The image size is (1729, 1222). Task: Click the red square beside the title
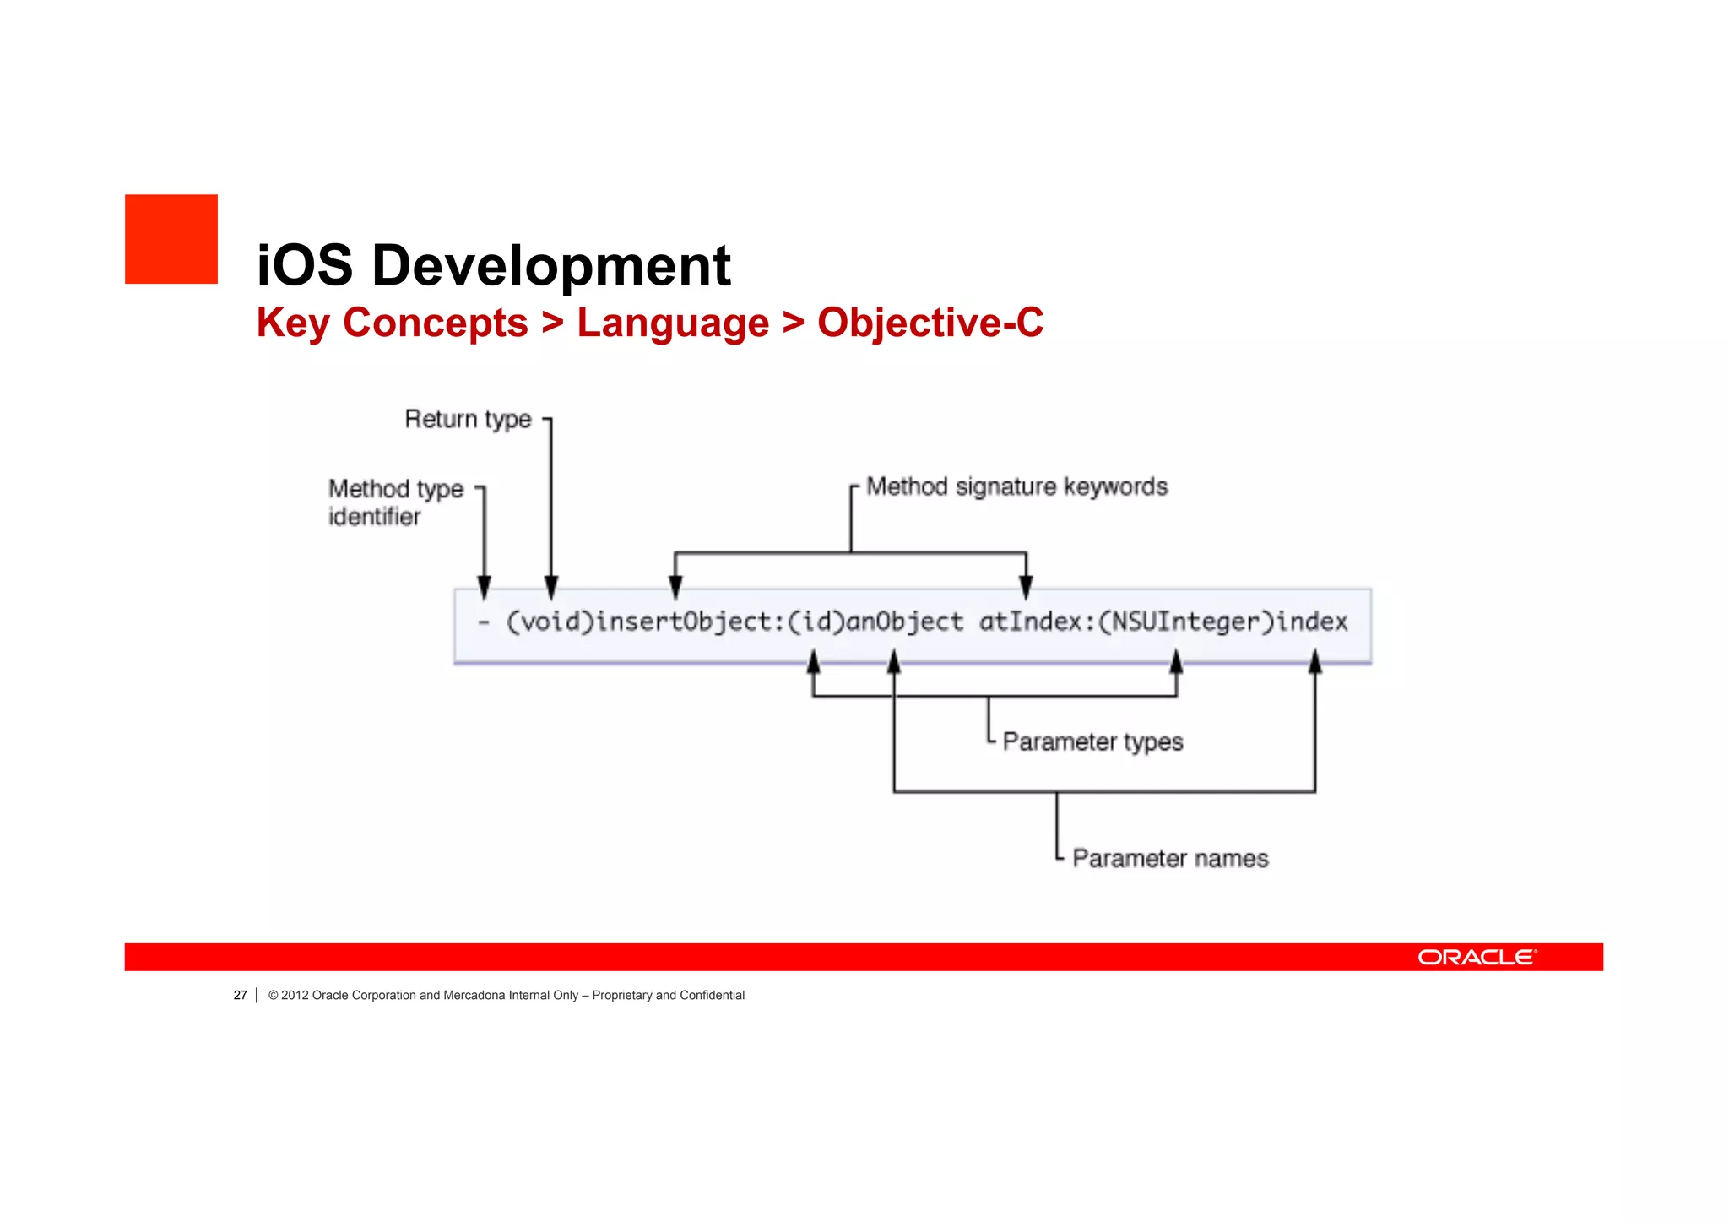(x=171, y=239)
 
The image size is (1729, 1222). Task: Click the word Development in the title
(x=550, y=265)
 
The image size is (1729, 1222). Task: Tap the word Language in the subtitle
(x=673, y=323)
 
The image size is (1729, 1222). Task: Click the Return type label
(x=468, y=419)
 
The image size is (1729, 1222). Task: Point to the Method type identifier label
(x=395, y=502)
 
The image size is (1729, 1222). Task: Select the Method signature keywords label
(x=1016, y=486)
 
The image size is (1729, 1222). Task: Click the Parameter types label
(x=1092, y=741)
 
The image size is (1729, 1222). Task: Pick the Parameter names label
(x=1170, y=858)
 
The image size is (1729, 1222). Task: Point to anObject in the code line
(x=904, y=622)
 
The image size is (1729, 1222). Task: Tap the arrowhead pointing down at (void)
(x=551, y=586)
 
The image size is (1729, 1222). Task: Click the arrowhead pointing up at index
(x=1314, y=661)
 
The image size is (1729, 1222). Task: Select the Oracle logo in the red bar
(x=1477, y=957)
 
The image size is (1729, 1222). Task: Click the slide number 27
(x=241, y=996)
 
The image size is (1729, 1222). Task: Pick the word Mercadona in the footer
(x=474, y=996)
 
